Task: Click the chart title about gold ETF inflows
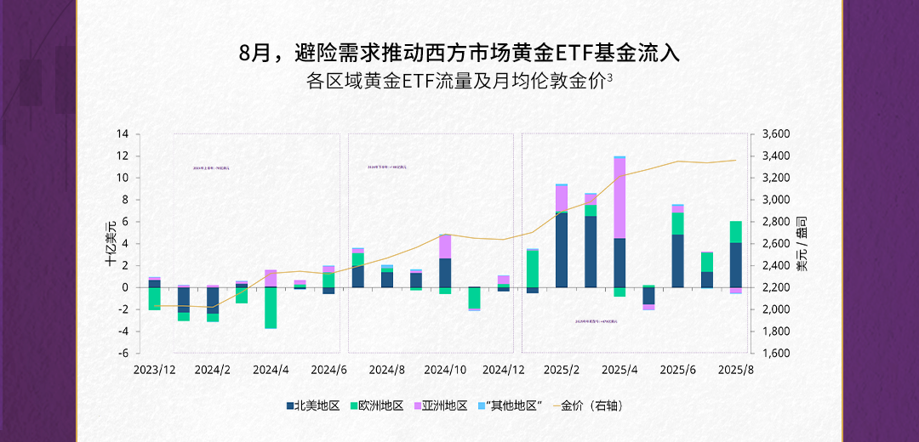459,54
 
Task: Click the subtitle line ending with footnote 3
459,82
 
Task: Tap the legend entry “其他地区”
509,405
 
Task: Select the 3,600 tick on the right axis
776,134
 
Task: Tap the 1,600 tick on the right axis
776,354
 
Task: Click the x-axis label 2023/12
154,370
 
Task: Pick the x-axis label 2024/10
445,370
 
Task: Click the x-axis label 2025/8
735,370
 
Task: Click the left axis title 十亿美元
110,244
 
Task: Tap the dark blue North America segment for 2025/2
562,250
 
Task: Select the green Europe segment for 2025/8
735,232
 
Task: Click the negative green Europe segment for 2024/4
271,308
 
